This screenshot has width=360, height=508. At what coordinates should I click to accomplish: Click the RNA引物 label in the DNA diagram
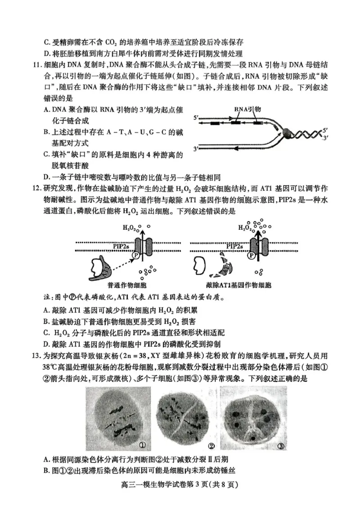[x=247, y=109]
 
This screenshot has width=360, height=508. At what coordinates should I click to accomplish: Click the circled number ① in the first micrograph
[x=142, y=445]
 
